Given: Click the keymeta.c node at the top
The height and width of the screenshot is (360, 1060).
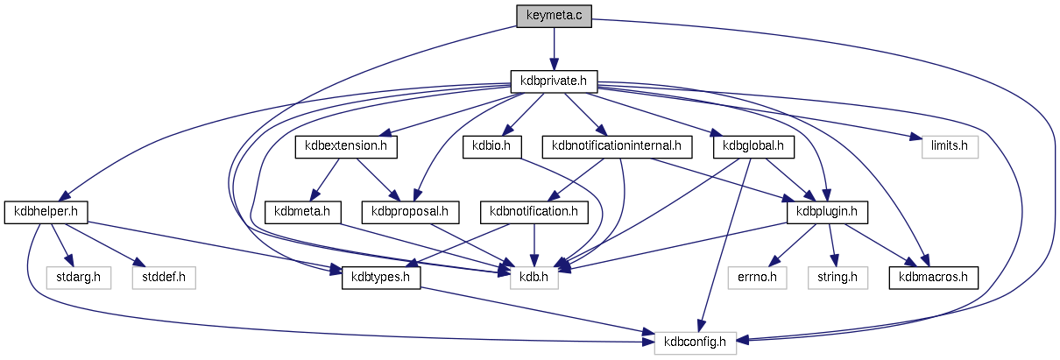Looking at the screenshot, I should point(554,16).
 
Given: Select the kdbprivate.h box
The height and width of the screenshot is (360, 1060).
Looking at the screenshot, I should point(554,81).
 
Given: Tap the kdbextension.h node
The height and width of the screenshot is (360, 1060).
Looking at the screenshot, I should point(347,146).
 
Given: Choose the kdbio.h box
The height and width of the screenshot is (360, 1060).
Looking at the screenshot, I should point(492,146).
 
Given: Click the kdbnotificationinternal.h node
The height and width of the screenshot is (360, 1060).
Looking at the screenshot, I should point(618,146).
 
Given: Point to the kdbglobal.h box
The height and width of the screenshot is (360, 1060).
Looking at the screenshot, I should point(754,146).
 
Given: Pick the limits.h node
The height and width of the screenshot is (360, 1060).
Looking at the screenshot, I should point(950,146).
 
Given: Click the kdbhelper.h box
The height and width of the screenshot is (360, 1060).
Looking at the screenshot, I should point(47,211).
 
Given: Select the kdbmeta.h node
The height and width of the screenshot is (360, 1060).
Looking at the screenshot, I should point(301,211).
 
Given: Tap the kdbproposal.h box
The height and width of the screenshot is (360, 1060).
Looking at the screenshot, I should point(410,211).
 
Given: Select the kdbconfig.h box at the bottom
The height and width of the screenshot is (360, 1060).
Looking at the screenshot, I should point(696,342).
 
